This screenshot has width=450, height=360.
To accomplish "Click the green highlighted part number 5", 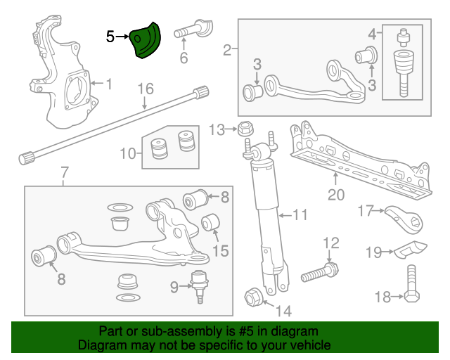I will tap(146, 41).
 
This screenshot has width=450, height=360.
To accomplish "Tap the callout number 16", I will tap(145, 89).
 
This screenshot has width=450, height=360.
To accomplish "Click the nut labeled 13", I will tap(245, 129).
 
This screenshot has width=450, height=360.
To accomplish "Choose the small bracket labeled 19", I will tap(409, 250).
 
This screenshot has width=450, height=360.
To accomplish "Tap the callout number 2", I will tap(226, 49).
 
